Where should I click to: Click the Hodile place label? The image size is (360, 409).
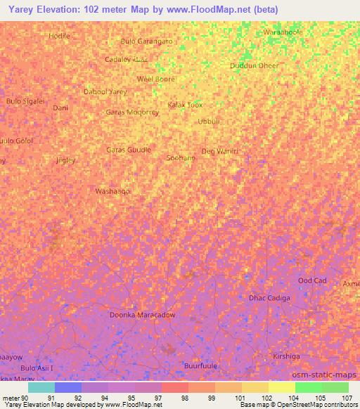click(60, 35)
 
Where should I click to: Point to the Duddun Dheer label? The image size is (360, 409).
click(255, 66)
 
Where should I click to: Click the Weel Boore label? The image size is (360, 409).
click(155, 79)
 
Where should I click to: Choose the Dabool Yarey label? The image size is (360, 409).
click(105, 92)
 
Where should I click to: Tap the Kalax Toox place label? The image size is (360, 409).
click(185, 105)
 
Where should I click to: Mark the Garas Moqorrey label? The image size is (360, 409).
click(132, 112)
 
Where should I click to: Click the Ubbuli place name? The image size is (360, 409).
click(210, 121)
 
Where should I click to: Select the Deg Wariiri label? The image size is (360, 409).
click(220, 151)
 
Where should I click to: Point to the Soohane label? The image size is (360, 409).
click(181, 158)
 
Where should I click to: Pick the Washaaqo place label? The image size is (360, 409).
click(112, 191)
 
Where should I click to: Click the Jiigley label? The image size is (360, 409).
click(65, 160)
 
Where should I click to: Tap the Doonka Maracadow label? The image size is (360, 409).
click(142, 315)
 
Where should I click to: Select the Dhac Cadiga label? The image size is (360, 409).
click(270, 298)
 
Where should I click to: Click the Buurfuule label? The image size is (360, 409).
click(200, 365)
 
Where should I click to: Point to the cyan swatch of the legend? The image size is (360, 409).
click(41, 387)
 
